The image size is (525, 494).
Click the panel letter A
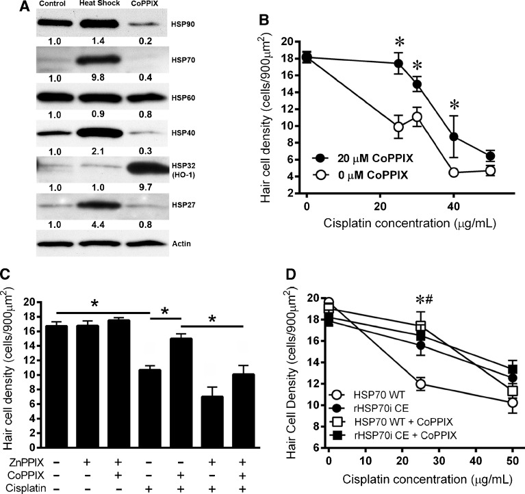click(10, 9)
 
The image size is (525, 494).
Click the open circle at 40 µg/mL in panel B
click(452, 172)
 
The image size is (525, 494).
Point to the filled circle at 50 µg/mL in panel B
click(489, 156)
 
